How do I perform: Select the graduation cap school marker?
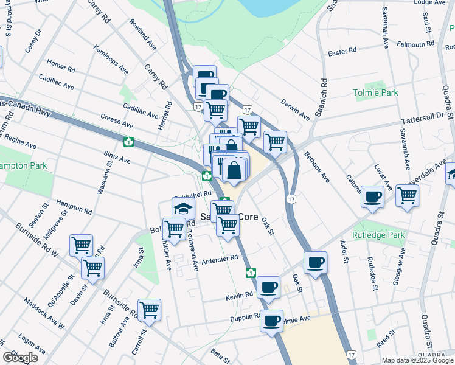tap(183, 208)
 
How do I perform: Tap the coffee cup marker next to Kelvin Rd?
tap(268, 287)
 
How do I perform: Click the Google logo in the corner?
tap(20, 358)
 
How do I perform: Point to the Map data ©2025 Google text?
tap(417, 360)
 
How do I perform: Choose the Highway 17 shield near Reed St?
tap(351, 353)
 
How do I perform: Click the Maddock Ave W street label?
tap(44, 313)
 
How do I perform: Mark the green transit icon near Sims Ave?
tap(128, 142)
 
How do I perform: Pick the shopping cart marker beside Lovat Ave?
tap(407, 196)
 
